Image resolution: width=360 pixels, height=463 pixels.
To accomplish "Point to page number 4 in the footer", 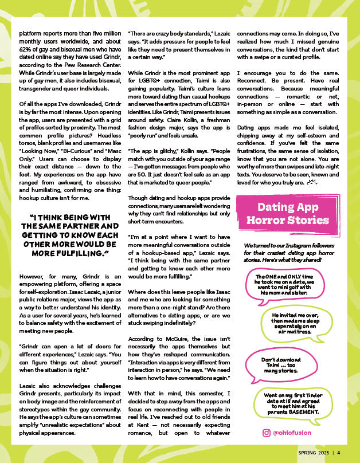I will point(339,452).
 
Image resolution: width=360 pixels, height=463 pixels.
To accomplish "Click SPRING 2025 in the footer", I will point(314,452).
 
